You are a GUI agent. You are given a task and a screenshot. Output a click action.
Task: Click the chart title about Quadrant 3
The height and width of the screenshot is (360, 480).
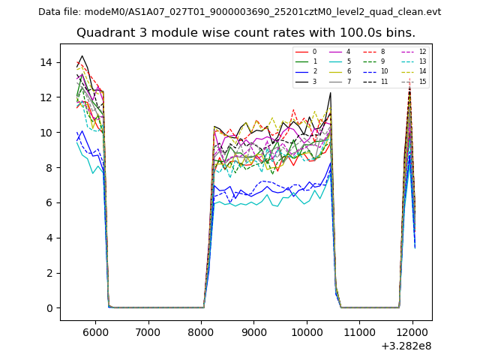(245, 33)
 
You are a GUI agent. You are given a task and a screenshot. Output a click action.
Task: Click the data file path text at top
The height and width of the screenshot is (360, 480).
(239, 12)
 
